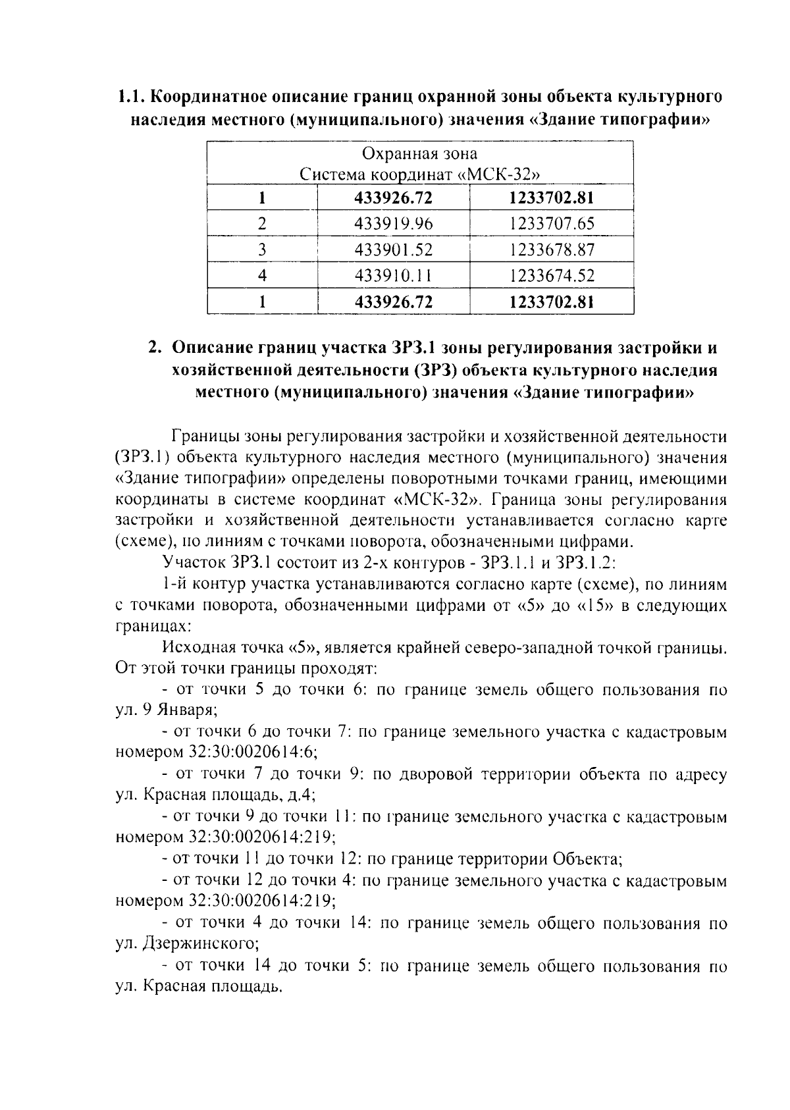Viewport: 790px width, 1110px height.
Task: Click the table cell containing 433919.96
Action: click(394, 224)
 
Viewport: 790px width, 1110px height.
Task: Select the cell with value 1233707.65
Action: click(552, 224)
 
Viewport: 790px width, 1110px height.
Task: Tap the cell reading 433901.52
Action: click(394, 250)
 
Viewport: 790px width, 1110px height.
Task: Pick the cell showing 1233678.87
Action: click(552, 250)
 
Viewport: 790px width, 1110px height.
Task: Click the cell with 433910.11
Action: click(394, 277)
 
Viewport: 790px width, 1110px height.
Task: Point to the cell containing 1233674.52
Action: click(552, 277)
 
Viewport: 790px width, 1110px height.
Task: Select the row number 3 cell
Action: click(262, 250)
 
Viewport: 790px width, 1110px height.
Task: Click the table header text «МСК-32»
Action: click(500, 176)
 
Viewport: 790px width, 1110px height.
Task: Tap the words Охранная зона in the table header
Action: click(420, 155)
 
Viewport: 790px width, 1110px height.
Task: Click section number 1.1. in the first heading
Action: click(132, 97)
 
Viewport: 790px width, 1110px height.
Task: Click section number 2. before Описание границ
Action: click(155, 348)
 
